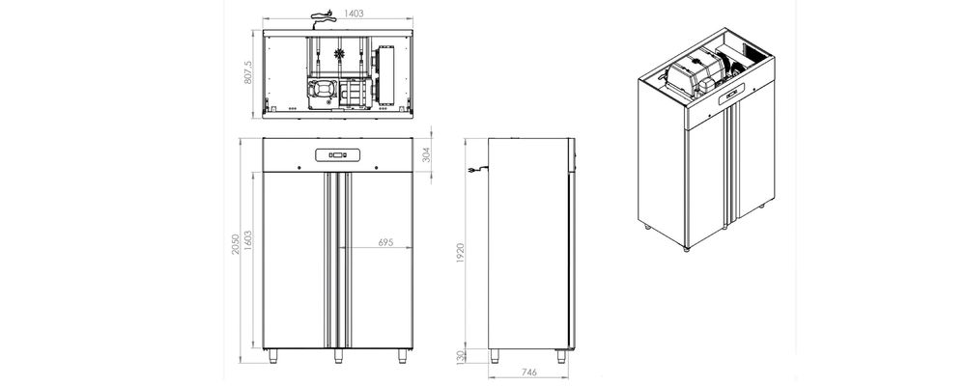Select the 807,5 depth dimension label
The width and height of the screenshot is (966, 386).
tap(248, 72)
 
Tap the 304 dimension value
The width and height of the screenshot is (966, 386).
tap(426, 156)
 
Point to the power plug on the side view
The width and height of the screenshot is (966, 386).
tap(473, 173)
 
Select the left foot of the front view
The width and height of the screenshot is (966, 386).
tap(272, 354)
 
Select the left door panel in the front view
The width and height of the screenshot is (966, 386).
tap(295, 259)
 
